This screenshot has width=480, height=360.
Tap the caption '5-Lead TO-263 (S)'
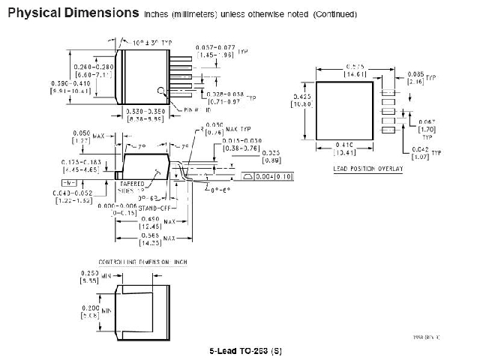pyautogui.click(x=246, y=350)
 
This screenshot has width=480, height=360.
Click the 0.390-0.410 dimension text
pyautogui.click(x=69, y=86)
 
